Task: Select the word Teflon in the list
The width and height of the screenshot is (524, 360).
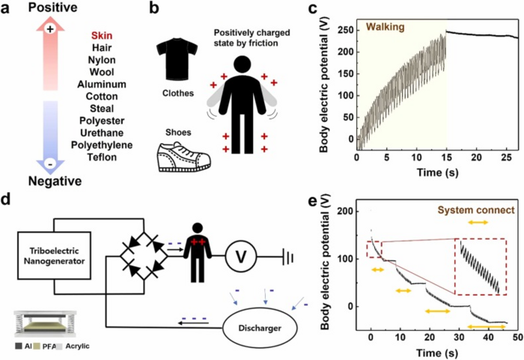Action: [x=101, y=156]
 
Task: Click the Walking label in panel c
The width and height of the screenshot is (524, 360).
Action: [x=384, y=28]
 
